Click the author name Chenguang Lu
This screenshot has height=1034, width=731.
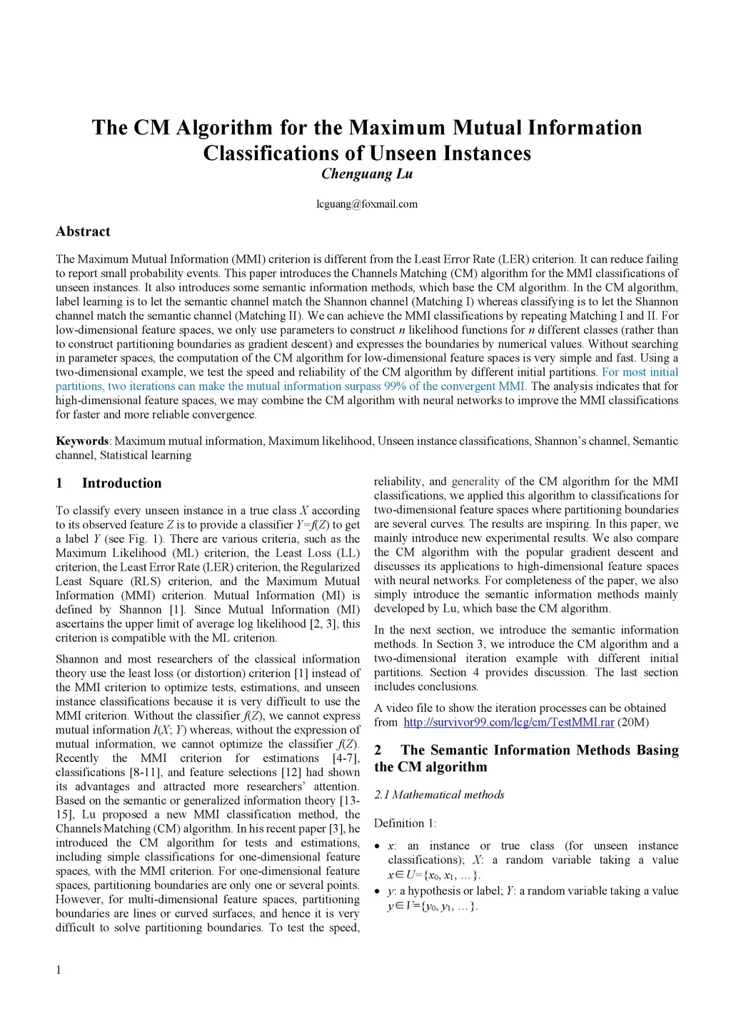click(x=366, y=174)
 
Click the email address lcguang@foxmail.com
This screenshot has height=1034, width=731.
click(x=366, y=204)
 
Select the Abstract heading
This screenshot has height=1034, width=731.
click(x=83, y=231)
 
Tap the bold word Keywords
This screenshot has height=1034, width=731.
click(x=82, y=441)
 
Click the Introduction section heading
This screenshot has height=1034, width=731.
click(x=121, y=483)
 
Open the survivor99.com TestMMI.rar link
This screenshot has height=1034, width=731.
click(x=508, y=723)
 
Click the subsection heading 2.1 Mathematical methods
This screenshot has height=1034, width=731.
click(x=439, y=795)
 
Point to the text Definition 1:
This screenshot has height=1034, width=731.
click(x=405, y=823)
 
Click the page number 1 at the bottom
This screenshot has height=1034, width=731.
click(x=59, y=970)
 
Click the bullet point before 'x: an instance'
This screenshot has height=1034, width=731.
click(x=378, y=846)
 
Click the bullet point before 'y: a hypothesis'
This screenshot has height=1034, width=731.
click(x=378, y=891)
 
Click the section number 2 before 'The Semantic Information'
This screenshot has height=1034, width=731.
click(x=378, y=751)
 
